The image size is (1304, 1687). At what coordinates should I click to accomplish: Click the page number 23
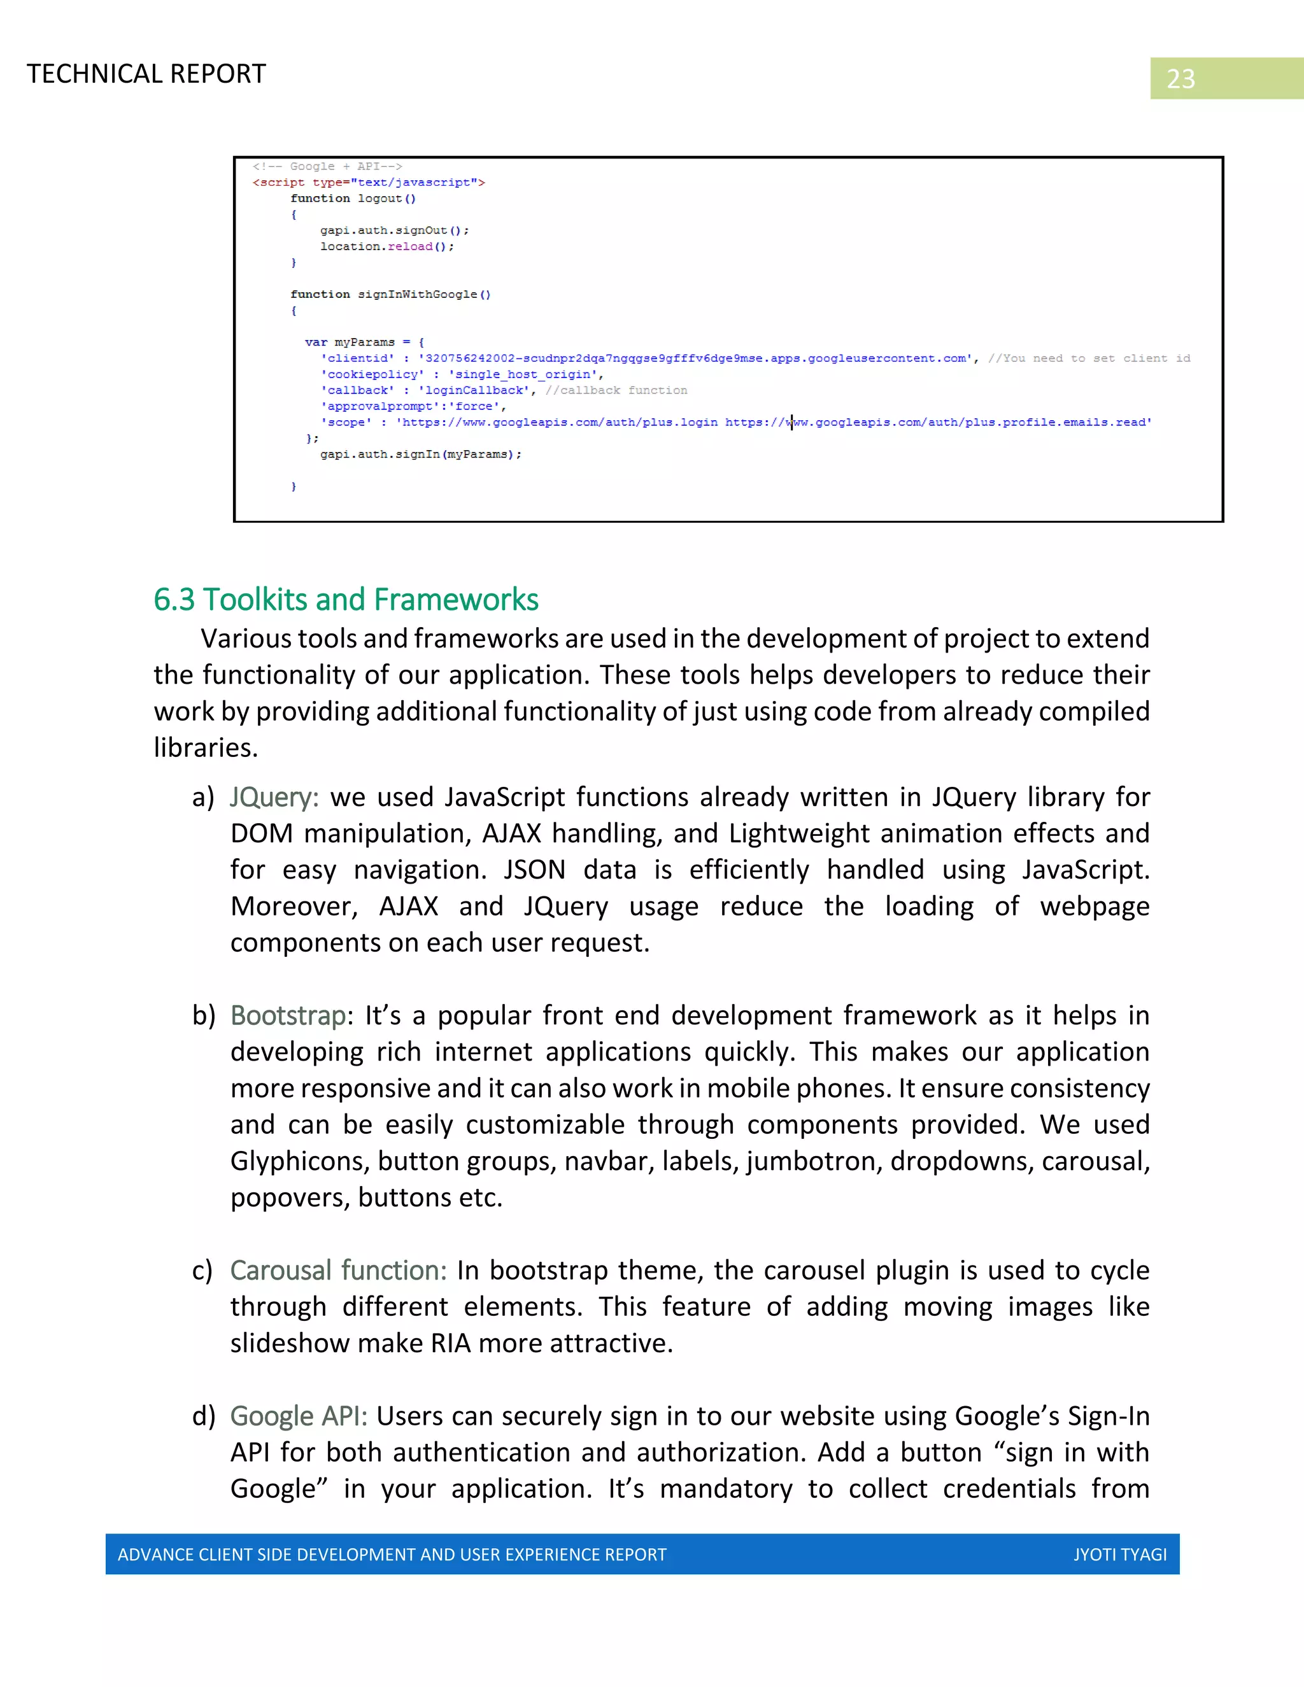point(1180,79)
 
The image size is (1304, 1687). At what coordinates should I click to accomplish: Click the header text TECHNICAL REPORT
point(146,74)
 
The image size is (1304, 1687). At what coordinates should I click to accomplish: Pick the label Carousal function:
point(338,1271)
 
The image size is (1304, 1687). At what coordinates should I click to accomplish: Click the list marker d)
point(204,1416)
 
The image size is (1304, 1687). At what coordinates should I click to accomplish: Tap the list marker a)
point(203,797)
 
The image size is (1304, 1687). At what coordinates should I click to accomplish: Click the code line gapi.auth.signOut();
point(394,230)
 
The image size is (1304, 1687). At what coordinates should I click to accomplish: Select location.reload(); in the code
point(387,246)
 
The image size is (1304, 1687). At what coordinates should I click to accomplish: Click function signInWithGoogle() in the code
point(390,294)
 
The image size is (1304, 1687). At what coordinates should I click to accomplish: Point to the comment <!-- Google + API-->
point(327,166)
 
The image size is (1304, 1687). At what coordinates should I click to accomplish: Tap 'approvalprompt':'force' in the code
point(413,406)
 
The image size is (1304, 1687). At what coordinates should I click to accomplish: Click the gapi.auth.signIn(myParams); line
point(421,454)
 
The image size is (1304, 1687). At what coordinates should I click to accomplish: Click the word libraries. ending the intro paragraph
point(206,748)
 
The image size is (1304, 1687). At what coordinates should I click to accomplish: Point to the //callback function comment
point(616,390)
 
